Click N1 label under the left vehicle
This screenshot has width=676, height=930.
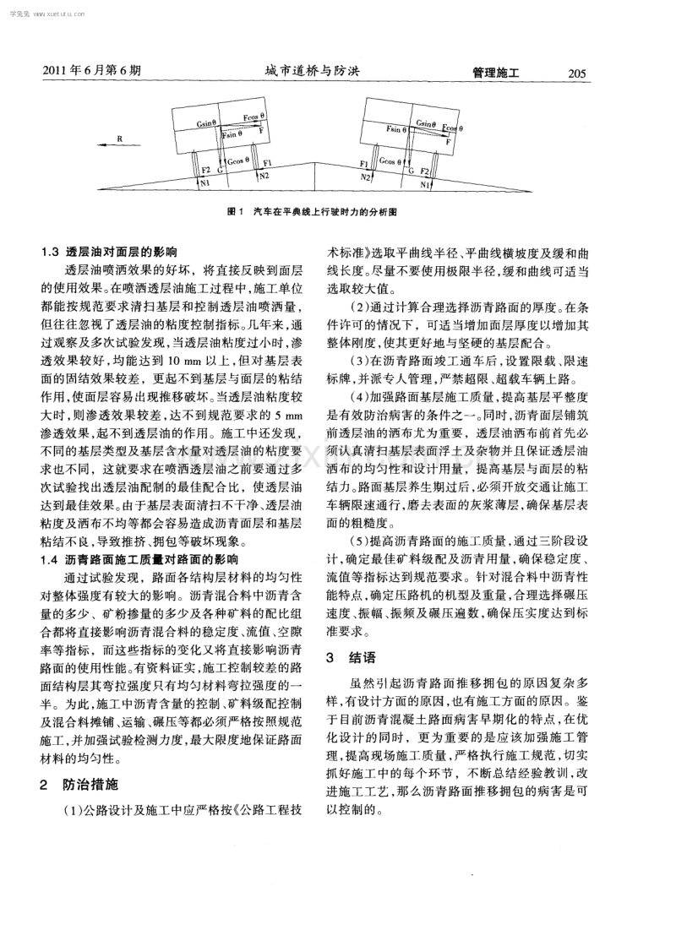205,182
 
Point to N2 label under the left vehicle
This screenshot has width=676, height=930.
264,175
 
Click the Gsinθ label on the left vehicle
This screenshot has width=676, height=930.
207,123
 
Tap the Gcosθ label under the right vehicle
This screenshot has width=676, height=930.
391,160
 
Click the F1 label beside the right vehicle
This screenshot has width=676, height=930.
364,161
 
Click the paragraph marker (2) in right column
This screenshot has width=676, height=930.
362,305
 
